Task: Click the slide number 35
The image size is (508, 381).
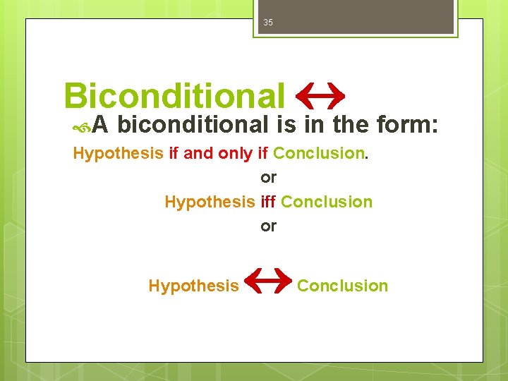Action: [268, 23]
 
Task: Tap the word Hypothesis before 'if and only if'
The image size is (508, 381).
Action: [118, 153]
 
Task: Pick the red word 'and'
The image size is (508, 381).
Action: [198, 153]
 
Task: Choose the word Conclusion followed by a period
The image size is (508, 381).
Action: [318, 153]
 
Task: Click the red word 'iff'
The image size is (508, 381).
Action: [268, 202]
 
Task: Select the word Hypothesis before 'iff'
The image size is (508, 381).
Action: [209, 202]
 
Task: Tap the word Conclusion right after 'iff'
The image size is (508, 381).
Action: [327, 202]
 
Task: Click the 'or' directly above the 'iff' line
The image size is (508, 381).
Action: [268, 177]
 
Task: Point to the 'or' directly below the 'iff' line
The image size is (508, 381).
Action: [268, 226]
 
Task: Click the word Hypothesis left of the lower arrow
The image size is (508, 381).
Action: [193, 286]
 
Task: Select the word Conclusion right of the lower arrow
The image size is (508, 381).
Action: [342, 286]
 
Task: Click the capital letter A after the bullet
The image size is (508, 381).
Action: [100, 125]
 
